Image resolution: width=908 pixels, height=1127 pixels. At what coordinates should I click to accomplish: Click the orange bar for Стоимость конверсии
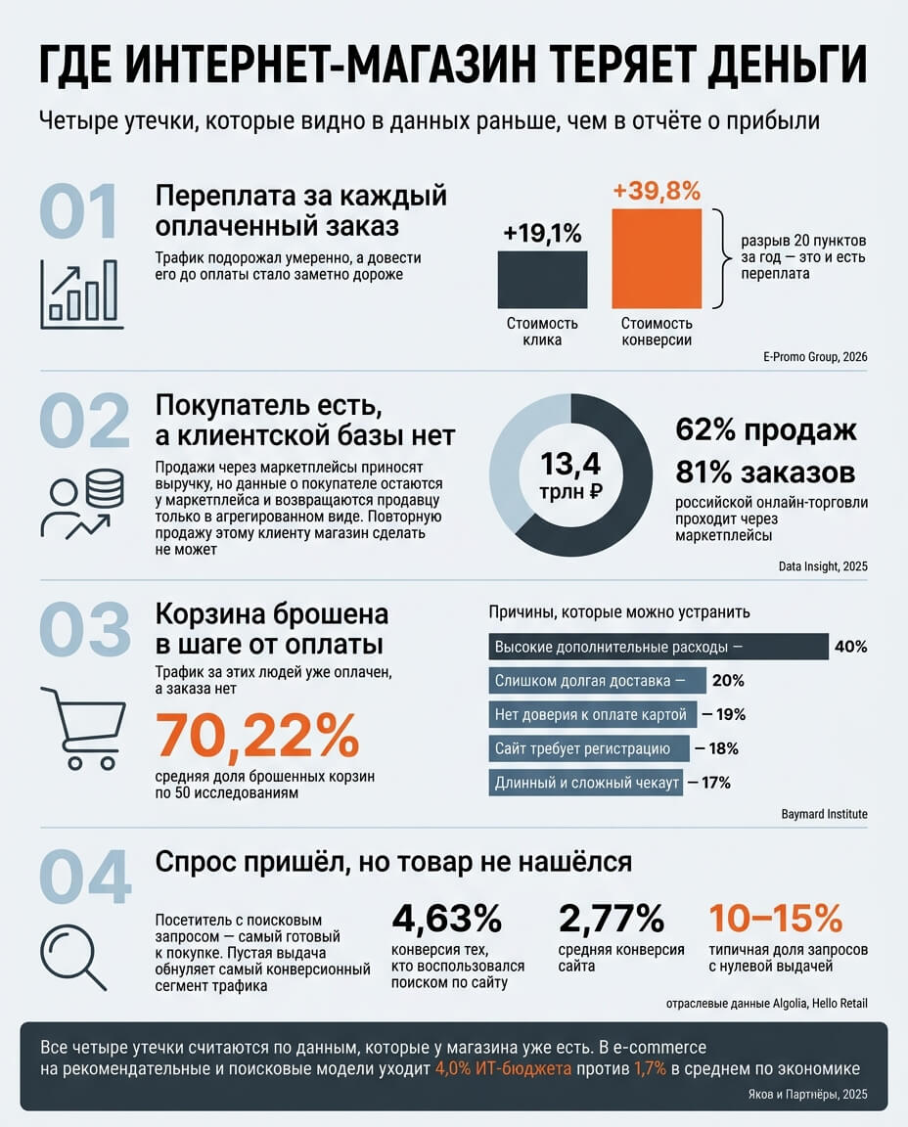[657, 258]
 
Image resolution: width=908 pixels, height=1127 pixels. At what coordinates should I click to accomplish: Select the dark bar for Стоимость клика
[542, 280]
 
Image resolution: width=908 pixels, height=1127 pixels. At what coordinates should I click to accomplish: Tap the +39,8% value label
[657, 191]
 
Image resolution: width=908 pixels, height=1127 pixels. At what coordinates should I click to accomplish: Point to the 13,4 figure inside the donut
[570, 464]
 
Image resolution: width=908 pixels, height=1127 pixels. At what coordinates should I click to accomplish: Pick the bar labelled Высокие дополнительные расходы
[658, 647]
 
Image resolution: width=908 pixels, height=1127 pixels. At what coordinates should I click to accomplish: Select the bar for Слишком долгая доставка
[597, 681]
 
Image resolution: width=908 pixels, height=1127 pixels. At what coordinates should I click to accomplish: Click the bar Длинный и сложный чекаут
[586, 783]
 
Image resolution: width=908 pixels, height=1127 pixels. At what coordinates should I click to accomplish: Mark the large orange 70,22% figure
[257, 735]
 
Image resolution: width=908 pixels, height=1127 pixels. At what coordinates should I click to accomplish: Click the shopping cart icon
[82, 728]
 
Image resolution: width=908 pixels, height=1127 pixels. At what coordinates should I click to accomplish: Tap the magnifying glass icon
[73, 958]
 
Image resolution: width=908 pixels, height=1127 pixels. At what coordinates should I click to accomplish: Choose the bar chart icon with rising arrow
[81, 293]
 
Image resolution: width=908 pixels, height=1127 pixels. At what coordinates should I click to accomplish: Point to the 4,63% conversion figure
[446, 918]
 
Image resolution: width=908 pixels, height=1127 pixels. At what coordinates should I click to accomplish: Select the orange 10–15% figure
[776, 918]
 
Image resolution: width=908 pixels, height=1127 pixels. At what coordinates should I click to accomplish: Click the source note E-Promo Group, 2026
[815, 356]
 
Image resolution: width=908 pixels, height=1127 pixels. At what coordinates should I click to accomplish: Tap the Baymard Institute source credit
[825, 814]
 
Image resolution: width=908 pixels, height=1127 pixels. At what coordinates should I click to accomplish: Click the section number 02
[85, 421]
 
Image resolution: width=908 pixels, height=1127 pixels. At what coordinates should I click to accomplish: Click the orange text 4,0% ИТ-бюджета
[503, 1068]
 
